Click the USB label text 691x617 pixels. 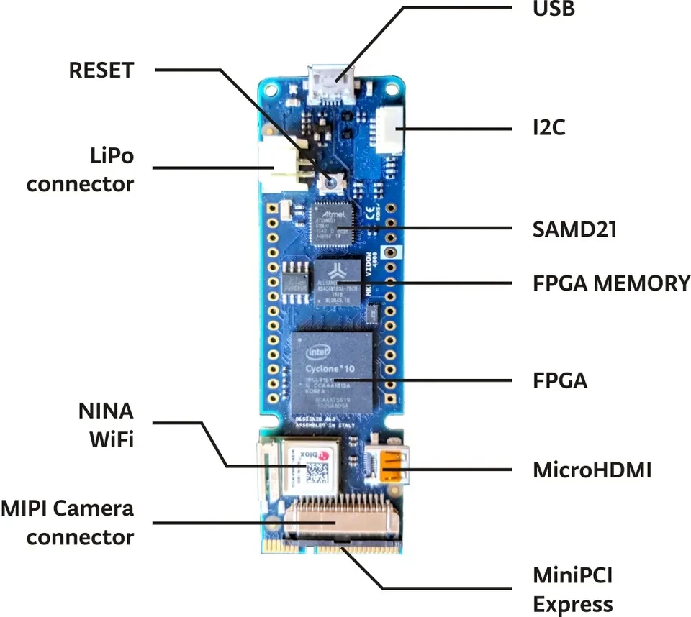(x=554, y=10)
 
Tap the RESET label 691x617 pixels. (x=101, y=70)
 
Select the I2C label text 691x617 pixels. (x=549, y=128)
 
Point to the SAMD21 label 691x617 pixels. (x=574, y=229)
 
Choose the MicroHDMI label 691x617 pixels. (x=592, y=470)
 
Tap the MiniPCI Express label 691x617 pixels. (x=573, y=590)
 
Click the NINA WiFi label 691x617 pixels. (x=106, y=425)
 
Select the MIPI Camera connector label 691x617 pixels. (x=68, y=522)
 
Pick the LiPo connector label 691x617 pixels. (x=81, y=170)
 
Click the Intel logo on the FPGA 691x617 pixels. (x=320, y=352)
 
